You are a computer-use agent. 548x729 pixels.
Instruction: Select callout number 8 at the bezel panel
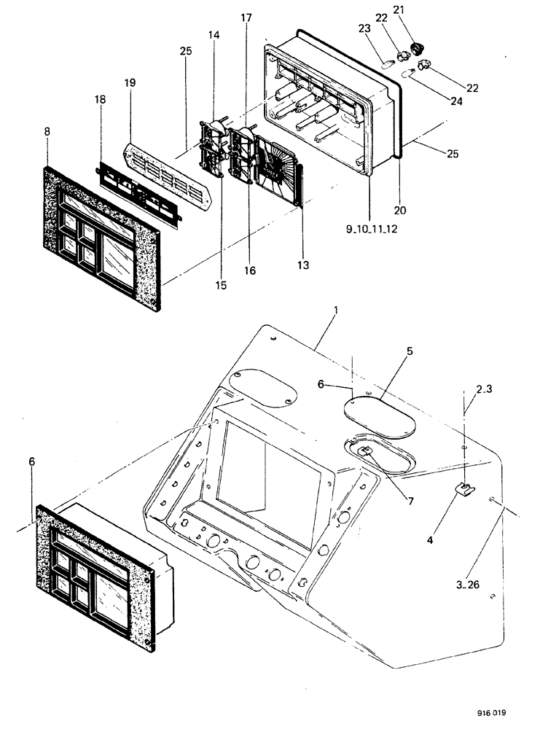47,132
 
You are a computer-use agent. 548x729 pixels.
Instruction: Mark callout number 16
250,270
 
